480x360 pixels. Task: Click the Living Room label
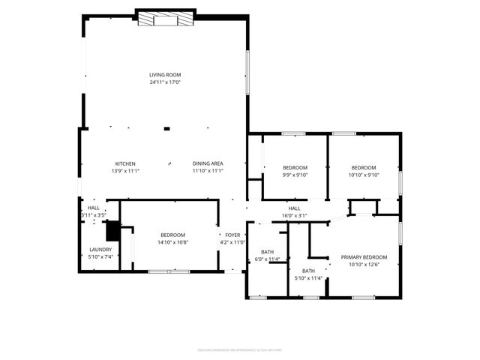tap(165, 75)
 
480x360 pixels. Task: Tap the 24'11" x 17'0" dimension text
tap(165, 82)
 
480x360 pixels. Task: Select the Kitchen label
tap(124, 163)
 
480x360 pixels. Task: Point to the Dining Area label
tap(208, 163)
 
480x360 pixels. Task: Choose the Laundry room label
tap(100, 250)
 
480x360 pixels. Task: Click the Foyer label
tap(233, 235)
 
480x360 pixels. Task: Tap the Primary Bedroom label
tap(364, 257)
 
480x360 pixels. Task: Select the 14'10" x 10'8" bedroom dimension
tap(172, 242)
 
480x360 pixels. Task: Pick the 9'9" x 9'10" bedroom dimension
tap(295, 175)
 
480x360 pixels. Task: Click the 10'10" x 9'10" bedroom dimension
tap(364, 175)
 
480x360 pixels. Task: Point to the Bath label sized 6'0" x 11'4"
tap(267, 252)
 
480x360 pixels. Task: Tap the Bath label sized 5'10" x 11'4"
tap(308, 271)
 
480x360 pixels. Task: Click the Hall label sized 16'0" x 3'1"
tap(294, 208)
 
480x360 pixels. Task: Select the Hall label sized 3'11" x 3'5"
tap(93, 208)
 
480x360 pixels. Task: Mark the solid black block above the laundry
tap(112, 229)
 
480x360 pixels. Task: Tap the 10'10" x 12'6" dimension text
tap(364, 264)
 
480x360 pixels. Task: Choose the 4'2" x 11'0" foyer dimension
tap(233, 242)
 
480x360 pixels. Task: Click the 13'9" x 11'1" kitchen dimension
tap(124, 170)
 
